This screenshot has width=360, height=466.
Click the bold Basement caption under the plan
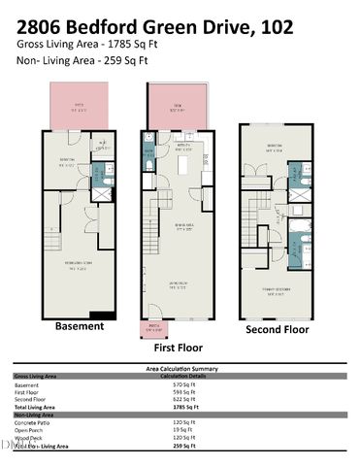[x=80, y=326]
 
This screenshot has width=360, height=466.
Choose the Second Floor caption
[x=276, y=329]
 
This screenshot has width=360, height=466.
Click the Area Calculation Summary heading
[x=180, y=370]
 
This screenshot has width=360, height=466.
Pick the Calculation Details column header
[x=180, y=377]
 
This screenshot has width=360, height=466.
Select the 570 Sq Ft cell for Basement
[x=171, y=385]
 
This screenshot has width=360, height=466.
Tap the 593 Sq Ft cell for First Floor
[x=171, y=393]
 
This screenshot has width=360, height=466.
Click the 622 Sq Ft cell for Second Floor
[x=171, y=400]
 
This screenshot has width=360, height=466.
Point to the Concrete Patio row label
[x=35, y=423]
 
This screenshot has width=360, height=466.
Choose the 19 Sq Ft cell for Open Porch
[x=170, y=431]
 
